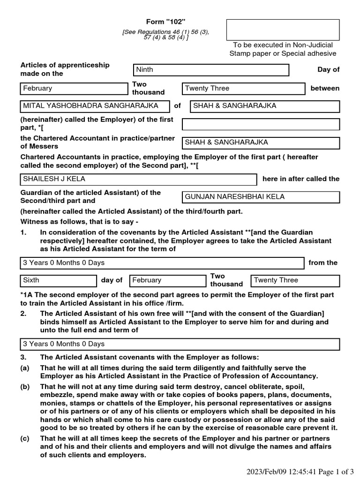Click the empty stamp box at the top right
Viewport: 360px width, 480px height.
pyautogui.click(x=283, y=30)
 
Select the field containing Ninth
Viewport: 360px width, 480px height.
pyautogui.click(x=211, y=70)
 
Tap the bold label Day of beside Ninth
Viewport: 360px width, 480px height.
pyautogui.click(x=328, y=70)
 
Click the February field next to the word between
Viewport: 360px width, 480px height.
pyautogui.click(x=74, y=89)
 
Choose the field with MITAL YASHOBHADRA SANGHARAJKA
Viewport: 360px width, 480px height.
pyautogui.click(x=94, y=106)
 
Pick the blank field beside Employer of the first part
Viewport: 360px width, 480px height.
pyautogui.click(x=261, y=124)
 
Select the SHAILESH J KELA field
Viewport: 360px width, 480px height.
pyautogui.click(x=138, y=180)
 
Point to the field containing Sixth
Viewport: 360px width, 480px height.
pyautogui.click(x=58, y=281)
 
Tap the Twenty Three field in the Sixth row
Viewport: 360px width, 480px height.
pyautogui.click(x=295, y=281)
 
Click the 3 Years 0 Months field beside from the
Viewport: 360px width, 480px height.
pyautogui.click(x=162, y=263)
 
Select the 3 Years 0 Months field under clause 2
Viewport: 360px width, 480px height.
pyautogui.click(x=180, y=345)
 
